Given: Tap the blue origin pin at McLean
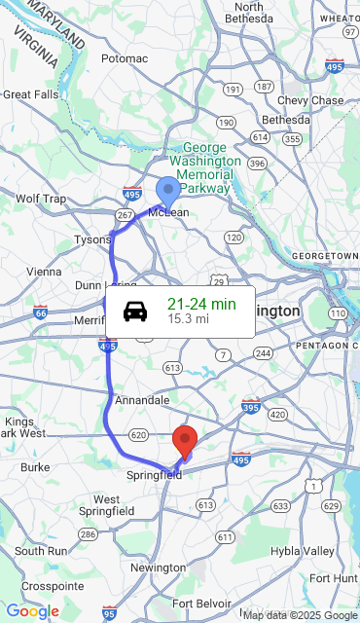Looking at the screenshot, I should tap(168, 190).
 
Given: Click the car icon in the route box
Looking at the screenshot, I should tap(135, 311).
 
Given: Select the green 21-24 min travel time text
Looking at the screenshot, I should tap(201, 304).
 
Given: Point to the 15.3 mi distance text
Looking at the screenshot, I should tap(189, 318).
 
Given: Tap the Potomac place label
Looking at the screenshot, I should tap(124, 58).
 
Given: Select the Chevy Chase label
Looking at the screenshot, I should tap(310, 100).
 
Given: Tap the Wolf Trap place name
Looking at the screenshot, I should tap(41, 200).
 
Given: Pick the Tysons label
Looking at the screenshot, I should tap(92, 239).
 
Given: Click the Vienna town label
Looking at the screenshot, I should tap(43, 272).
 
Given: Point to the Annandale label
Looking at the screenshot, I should tap(142, 400).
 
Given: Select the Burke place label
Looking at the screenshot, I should tap(35, 467).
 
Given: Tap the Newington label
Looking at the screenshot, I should tap(158, 568).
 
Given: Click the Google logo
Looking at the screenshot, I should tap(32, 611).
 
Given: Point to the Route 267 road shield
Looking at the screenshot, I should tap(125, 214).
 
